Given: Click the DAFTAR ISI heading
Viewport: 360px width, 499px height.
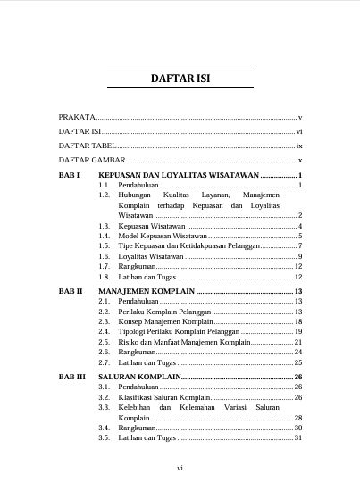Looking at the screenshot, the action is tap(180, 79).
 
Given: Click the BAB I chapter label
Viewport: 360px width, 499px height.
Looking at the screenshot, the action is tap(70, 174).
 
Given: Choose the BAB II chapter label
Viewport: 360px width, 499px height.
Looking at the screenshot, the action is tap(71, 291).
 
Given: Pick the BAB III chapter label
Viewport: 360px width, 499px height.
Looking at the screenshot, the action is tap(72, 378).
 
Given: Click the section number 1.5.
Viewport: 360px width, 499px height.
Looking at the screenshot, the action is tap(104, 245).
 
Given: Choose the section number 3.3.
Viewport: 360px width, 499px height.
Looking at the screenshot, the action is tap(104, 407).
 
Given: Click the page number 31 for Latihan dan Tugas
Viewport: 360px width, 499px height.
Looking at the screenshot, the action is tap(298, 438).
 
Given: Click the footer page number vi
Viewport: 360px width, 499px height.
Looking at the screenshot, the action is tap(180, 468).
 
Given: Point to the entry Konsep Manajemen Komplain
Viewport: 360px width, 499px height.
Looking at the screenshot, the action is tap(165, 321).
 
